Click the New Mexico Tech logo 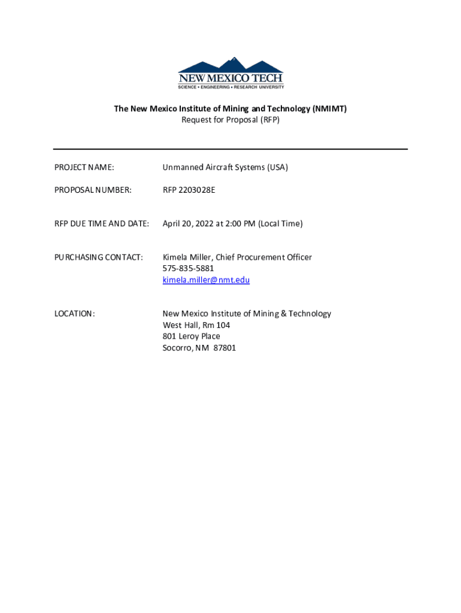click(230, 73)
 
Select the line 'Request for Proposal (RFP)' click(230, 120)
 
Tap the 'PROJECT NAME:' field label click(84, 167)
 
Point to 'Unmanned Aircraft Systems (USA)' click(225, 167)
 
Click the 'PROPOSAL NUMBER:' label click(93, 190)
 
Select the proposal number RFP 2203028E click(189, 190)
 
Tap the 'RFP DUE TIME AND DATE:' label click(101, 223)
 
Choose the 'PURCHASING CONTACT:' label click(99, 257)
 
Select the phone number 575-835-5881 click(188, 268)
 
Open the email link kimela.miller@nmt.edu click(206, 280)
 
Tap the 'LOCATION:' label click(74, 313)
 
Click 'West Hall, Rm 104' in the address click(196, 324)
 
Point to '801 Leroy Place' click(192, 336)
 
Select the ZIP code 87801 click(225, 347)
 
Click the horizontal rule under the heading click(230, 149)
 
